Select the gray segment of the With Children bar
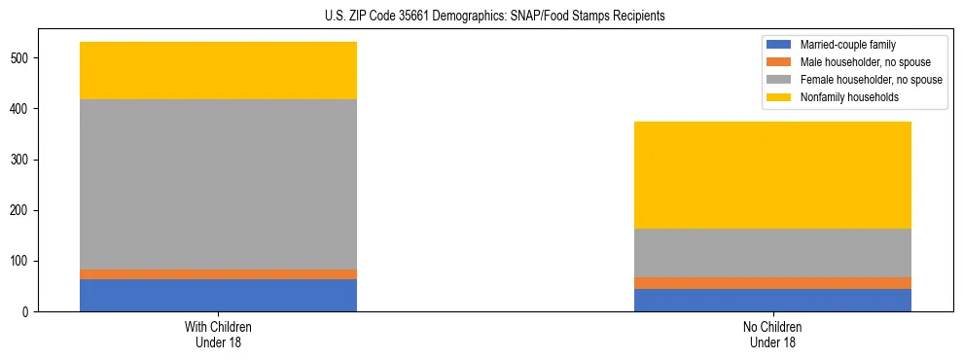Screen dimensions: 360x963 click(218, 184)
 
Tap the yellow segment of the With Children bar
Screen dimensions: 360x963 click(218, 70)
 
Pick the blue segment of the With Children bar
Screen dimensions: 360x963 click(218, 295)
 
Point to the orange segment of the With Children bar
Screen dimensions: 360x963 click(218, 274)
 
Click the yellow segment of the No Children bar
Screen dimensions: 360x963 click(772, 175)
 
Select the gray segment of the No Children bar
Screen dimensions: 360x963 click(772, 253)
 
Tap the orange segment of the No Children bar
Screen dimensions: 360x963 click(772, 283)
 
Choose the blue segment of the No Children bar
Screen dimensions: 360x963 click(772, 300)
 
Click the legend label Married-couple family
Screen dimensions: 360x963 click(847, 45)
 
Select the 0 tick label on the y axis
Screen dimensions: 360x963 click(28, 311)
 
